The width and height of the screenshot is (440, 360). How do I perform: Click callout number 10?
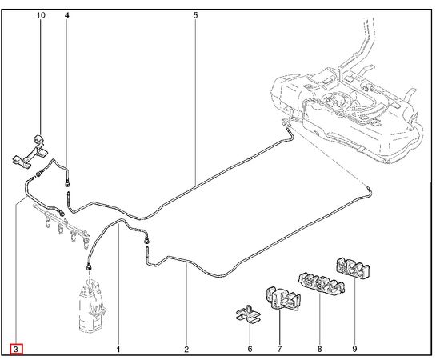tap(41, 15)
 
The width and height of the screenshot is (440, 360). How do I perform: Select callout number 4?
tap(66, 15)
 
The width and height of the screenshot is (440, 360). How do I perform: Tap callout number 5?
tap(195, 15)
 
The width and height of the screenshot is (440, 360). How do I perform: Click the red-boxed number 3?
tap(16, 350)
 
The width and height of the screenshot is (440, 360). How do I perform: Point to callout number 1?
tap(118, 350)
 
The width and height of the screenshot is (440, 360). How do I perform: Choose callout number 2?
tap(186, 350)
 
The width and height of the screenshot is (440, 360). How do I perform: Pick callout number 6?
tap(250, 349)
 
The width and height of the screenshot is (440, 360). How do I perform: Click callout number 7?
tap(279, 349)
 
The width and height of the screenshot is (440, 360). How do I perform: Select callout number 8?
tap(320, 349)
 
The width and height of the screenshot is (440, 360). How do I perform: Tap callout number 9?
tap(354, 349)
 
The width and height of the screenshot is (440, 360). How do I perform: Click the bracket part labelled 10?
tap(30, 152)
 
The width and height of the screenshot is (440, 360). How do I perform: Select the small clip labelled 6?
tap(249, 314)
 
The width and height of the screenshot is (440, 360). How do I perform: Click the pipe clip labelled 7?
tap(283, 298)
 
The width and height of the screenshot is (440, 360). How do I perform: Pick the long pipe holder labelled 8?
tap(322, 282)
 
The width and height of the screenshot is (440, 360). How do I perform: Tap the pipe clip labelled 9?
tap(353, 268)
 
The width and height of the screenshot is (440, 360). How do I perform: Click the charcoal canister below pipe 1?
tap(92, 306)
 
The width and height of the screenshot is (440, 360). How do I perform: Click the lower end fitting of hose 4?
tap(67, 183)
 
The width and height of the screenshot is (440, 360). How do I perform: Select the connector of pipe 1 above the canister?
tap(89, 267)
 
